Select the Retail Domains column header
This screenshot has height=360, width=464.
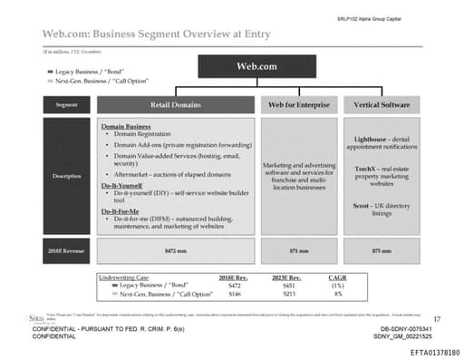click(x=174, y=105)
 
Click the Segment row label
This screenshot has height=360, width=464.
click(x=66, y=105)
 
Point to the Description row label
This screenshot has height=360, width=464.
click(x=66, y=175)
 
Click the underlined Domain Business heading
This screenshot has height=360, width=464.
click(x=125, y=126)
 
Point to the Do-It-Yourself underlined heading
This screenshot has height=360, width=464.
click(x=123, y=185)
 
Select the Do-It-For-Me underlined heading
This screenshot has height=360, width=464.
click(x=122, y=211)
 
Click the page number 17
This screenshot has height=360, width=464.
click(x=437, y=318)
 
